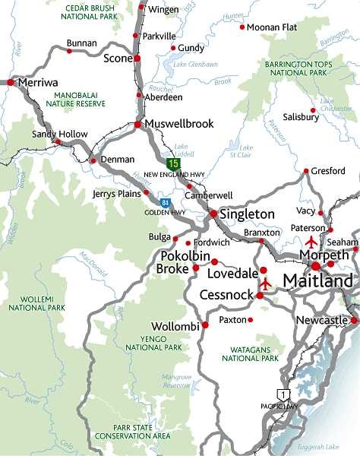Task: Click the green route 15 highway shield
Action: [174, 163]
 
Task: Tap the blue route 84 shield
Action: [164, 202]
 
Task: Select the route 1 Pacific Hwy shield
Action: [282, 394]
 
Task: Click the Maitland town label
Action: [317, 281]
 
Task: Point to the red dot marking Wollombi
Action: [204, 325]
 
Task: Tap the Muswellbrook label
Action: [178, 123]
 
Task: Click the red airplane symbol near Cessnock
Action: [265, 284]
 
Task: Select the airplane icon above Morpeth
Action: [311, 242]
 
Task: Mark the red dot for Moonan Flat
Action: [242, 27]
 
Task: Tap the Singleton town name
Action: [247, 214]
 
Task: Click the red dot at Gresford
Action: [306, 171]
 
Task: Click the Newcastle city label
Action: [321, 321]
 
